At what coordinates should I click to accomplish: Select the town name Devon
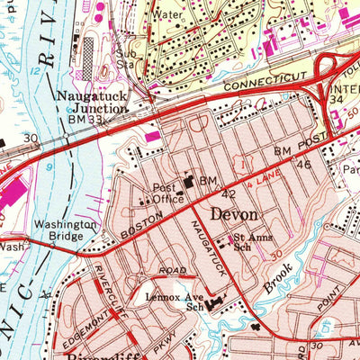pos(234,216)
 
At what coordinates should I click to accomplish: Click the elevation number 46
pos(303,165)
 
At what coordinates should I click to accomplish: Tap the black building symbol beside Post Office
pos(190,183)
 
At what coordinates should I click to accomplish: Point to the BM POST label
pos(296,147)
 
